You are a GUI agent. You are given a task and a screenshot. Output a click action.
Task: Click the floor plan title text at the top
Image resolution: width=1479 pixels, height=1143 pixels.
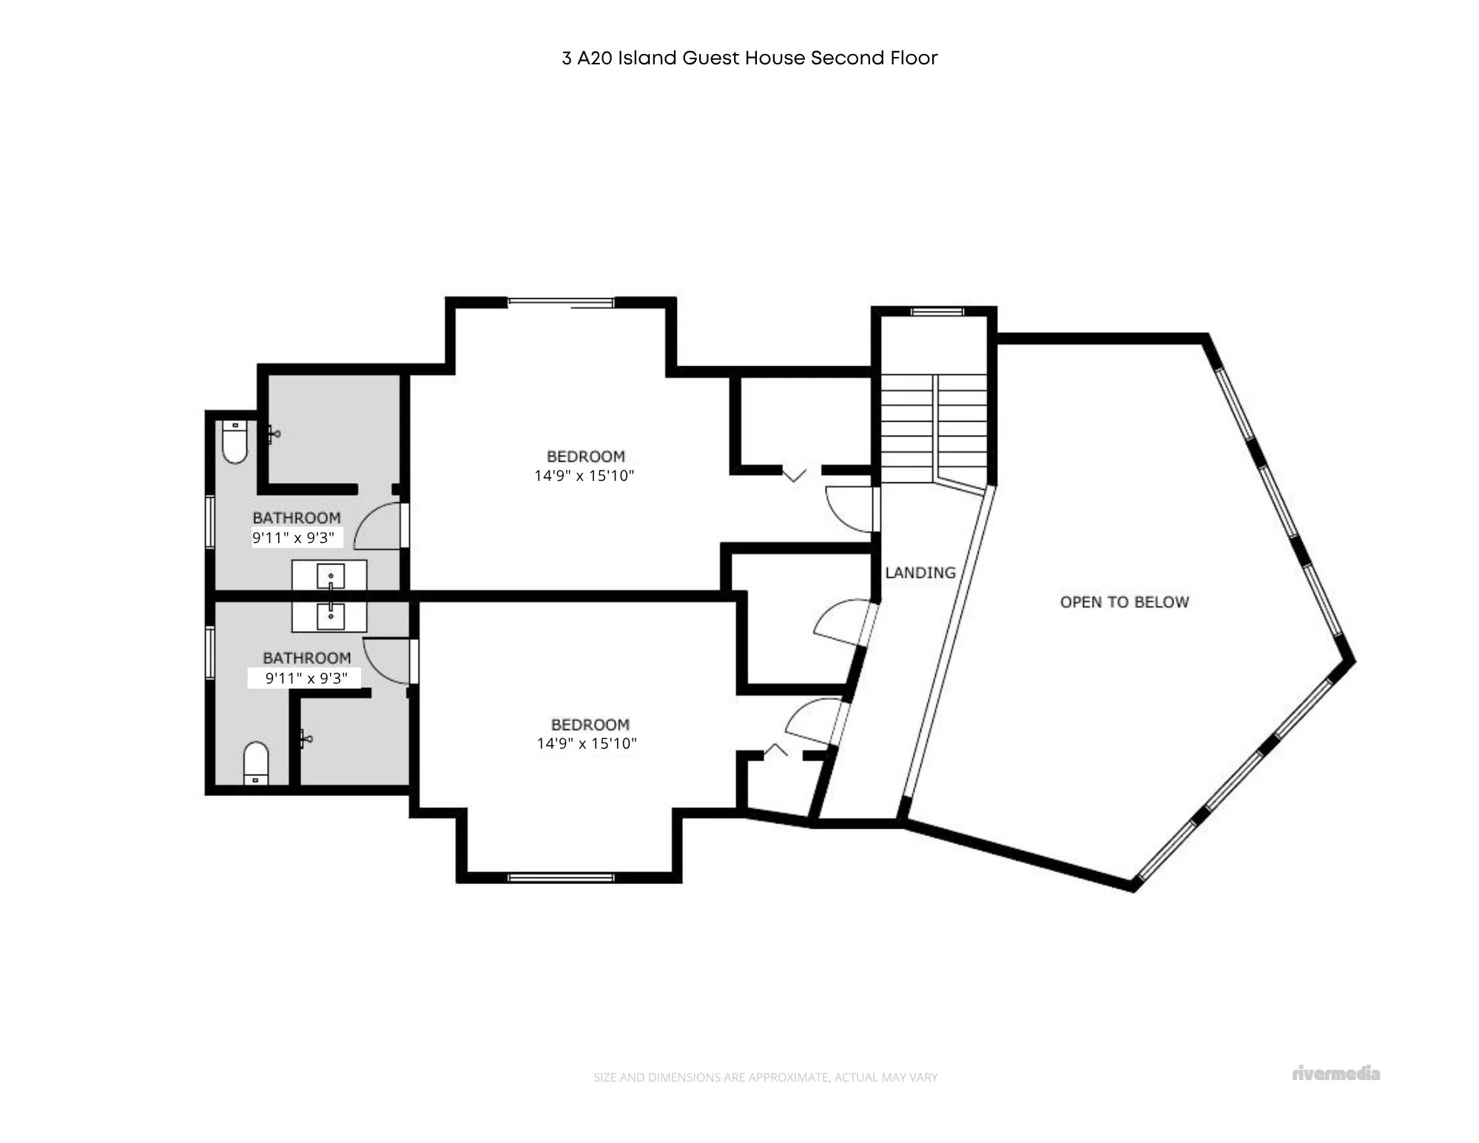tap(749, 58)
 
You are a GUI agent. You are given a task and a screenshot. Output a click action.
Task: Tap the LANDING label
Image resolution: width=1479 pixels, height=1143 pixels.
tap(920, 573)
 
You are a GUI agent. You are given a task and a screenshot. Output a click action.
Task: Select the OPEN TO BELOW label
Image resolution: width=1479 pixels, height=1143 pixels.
tap(1125, 602)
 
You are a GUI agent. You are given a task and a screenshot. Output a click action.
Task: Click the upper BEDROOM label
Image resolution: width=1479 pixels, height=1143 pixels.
tap(585, 456)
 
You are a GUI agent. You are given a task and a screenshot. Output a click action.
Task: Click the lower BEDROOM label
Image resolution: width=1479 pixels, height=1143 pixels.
tap(590, 725)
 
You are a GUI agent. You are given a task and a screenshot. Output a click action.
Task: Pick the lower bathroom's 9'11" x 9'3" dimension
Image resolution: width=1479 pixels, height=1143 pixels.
tap(306, 678)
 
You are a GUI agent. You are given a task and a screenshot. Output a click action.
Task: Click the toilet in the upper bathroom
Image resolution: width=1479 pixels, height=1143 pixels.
tap(235, 442)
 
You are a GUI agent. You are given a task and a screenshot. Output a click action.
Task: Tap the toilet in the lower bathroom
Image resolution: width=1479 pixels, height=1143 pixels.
tap(256, 763)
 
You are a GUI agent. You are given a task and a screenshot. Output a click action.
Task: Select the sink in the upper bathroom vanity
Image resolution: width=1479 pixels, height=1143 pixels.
tap(330, 576)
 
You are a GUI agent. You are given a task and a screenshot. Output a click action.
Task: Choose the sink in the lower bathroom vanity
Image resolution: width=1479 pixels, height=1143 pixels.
tap(330, 616)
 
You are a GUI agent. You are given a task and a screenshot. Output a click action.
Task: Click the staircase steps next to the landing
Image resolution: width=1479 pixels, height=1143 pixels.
tap(934, 429)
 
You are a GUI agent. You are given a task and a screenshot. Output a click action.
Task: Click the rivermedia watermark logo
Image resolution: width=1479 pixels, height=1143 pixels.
tap(1336, 1073)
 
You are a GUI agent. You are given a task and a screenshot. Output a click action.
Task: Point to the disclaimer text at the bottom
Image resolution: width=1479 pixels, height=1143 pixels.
tap(765, 1078)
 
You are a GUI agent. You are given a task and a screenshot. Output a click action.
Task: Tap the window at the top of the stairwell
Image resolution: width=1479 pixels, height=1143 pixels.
tap(937, 311)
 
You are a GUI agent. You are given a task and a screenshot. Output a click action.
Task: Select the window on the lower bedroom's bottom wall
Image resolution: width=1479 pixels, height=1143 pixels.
tap(561, 877)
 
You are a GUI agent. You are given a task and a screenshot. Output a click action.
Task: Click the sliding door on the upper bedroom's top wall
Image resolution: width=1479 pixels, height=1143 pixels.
tap(561, 302)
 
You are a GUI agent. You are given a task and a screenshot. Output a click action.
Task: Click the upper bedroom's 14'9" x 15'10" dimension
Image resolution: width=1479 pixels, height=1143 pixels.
tap(584, 476)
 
